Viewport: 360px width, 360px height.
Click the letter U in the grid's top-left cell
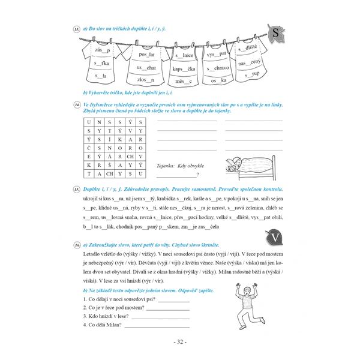pos(89,121)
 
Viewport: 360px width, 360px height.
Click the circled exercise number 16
pos(77,246)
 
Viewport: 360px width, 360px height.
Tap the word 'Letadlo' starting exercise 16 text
pos(93,256)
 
